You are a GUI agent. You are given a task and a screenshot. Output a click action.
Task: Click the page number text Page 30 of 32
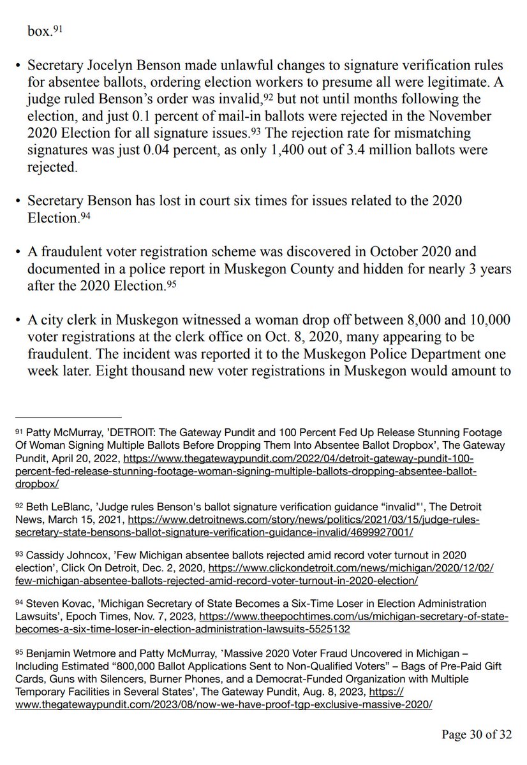(477, 734)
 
